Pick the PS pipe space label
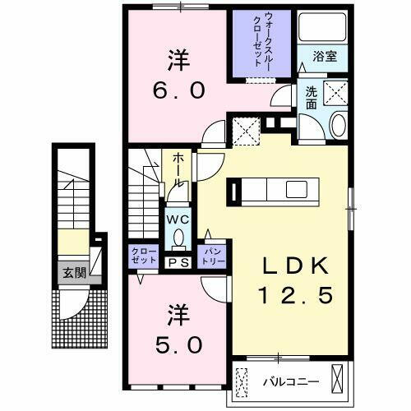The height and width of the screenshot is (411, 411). coord(178,263)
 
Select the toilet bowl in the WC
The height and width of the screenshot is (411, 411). coord(178,238)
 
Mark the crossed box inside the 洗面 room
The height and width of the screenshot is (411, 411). coord(337,93)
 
